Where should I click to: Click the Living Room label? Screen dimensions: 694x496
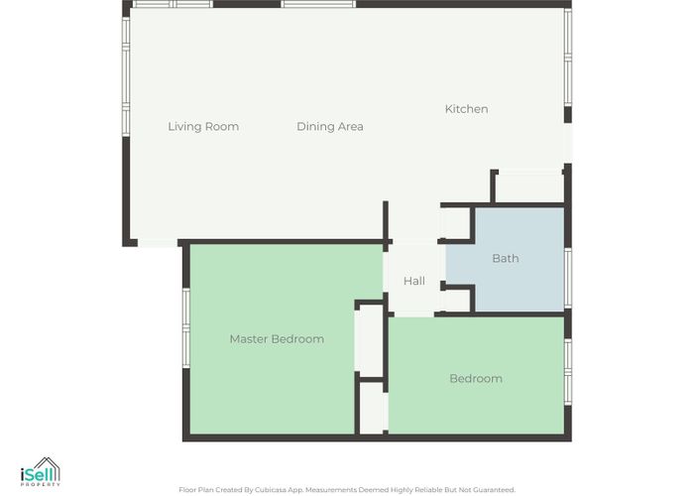click(x=203, y=127)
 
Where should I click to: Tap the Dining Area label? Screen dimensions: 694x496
click(x=330, y=127)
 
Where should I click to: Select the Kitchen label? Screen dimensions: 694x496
click(x=467, y=109)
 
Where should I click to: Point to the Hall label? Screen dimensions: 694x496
click(x=414, y=281)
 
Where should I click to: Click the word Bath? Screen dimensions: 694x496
click(x=506, y=258)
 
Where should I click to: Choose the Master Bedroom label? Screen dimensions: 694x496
click(x=277, y=339)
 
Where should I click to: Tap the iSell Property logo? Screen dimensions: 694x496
click(x=41, y=472)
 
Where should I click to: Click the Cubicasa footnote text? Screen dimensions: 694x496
click(x=347, y=490)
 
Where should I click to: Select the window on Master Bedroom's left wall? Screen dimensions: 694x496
click(x=186, y=328)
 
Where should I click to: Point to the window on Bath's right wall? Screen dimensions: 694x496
click(x=568, y=278)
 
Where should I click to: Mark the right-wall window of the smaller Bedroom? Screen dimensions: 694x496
click(x=568, y=372)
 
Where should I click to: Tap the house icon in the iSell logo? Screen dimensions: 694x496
click(x=47, y=468)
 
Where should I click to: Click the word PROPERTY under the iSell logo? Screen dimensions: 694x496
click(x=41, y=485)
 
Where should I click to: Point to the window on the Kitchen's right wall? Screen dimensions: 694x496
click(x=568, y=58)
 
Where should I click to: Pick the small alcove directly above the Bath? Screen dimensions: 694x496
click(x=528, y=187)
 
